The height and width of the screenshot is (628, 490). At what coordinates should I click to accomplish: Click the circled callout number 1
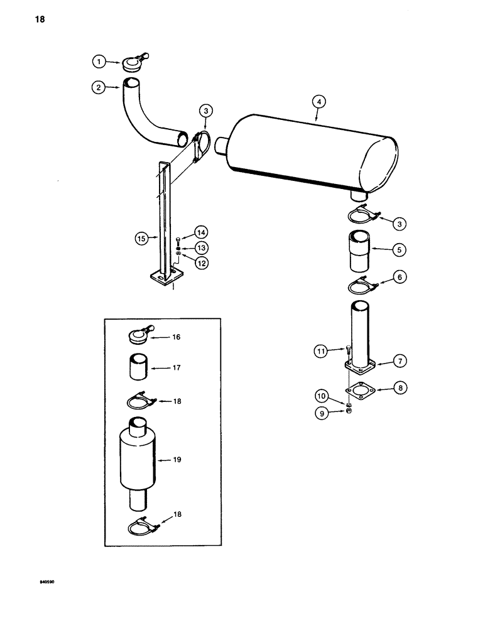coord(97,62)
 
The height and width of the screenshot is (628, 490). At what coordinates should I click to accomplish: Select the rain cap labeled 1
coord(134,63)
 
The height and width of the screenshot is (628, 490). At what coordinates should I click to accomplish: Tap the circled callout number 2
coord(98,88)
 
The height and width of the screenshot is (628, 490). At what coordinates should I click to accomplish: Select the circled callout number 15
coord(142,238)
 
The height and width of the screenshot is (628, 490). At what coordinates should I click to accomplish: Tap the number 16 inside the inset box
coord(176,337)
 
